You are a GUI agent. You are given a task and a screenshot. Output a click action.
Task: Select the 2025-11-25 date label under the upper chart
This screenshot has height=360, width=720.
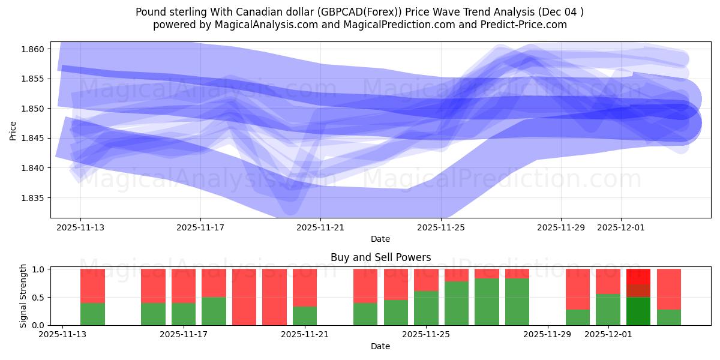441,227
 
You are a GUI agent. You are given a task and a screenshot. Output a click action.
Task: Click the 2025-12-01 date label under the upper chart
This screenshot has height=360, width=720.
621,227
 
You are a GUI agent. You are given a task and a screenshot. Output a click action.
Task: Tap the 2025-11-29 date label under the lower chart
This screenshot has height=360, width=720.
548,334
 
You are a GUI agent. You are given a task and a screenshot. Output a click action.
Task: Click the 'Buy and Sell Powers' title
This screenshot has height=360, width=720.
380,257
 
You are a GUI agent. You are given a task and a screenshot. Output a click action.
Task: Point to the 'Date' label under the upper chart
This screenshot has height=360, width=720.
380,239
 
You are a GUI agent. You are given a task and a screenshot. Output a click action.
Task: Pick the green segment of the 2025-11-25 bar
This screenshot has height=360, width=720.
426,308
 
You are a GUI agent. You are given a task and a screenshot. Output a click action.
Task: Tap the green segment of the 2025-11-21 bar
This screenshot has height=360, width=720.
305,316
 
